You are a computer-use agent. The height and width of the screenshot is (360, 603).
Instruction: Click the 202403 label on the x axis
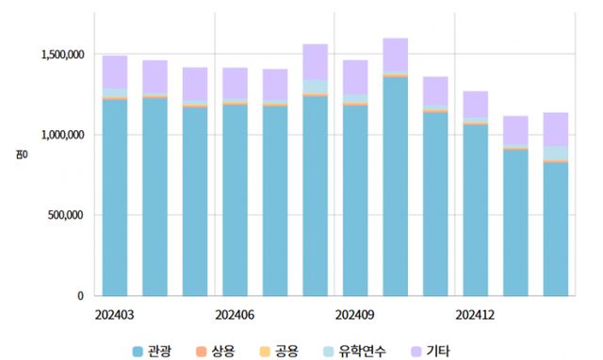pyautogui.click(x=114, y=314)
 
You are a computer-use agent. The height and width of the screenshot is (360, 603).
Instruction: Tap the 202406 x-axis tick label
pyautogui.click(x=235, y=314)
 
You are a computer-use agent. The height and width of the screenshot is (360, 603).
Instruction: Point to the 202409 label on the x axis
pyautogui.click(x=355, y=314)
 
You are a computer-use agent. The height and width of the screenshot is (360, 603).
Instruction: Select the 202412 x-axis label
pyautogui.click(x=476, y=314)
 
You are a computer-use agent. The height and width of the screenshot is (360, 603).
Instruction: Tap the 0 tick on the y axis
pyautogui.click(x=82, y=295)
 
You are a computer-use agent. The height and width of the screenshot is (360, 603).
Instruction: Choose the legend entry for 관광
pyautogui.click(x=151, y=352)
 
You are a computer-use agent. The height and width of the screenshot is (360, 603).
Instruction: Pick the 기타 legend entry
pyautogui.click(x=428, y=352)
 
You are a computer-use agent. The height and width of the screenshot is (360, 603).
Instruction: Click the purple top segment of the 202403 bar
pyautogui.click(x=114, y=72)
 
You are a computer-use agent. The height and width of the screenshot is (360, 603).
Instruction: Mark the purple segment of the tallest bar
pyautogui.click(x=395, y=55)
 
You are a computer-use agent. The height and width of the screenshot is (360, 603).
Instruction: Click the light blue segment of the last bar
pyautogui.click(x=556, y=153)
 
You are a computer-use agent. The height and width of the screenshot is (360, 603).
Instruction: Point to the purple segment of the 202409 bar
pyautogui.click(x=355, y=76)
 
